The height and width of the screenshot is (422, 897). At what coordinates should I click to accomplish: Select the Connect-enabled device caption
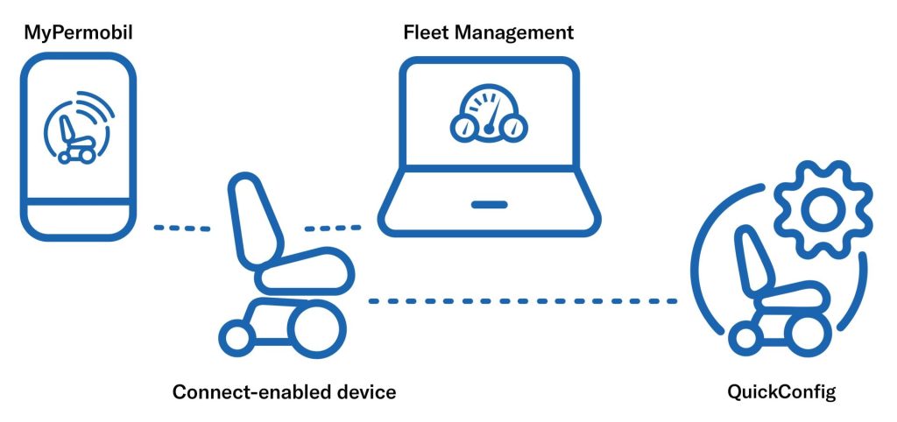pos(284,391)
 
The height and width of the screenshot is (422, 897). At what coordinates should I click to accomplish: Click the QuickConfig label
pos(781,391)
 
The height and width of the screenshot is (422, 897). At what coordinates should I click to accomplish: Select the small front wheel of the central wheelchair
pos(236,336)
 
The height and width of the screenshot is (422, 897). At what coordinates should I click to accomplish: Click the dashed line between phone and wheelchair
pos(182,229)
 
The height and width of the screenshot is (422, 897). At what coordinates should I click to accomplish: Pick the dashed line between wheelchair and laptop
pos(332,229)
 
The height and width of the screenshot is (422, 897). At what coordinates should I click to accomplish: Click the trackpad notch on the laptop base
pos(489,206)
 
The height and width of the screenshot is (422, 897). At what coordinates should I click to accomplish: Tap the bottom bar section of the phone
pos(77,219)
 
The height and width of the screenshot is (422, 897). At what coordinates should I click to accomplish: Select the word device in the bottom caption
pos(364,391)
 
